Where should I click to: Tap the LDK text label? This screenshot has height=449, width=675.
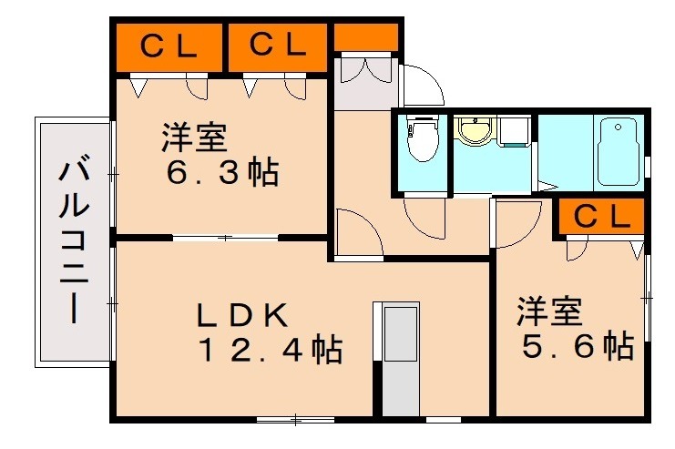click(243, 315)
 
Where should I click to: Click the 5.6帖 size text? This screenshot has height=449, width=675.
click(576, 346)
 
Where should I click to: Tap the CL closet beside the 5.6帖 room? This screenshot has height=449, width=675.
click(602, 217)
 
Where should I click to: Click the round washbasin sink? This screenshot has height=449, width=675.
click(473, 133)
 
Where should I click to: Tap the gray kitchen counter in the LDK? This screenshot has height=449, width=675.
click(398, 360)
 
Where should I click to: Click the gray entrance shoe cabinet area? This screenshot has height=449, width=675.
click(364, 83)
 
